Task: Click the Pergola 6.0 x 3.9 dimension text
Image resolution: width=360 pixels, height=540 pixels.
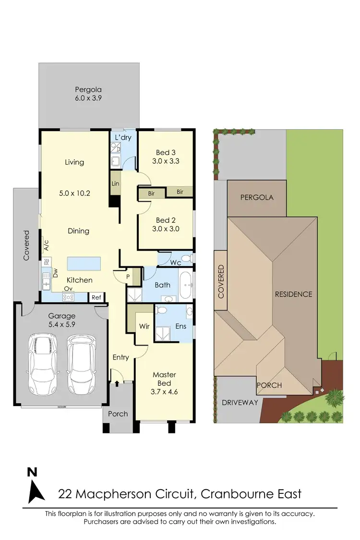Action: (88, 98)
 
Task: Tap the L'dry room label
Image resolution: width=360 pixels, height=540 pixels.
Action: (123, 137)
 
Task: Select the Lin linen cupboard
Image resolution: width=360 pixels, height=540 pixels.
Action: (115, 184)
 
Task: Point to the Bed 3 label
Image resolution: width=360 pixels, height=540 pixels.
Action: (166, 152)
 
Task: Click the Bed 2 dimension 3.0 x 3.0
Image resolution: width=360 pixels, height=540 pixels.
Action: (166, 229)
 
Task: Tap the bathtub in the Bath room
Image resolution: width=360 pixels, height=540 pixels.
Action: (186, 286)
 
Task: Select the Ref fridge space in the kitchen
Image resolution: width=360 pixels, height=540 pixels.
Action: (96, 298)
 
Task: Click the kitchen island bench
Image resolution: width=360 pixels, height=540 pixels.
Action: (84, 264)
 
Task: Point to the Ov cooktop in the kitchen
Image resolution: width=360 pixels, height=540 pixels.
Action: (68, 297)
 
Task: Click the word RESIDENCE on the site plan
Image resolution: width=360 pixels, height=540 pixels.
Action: (293, 294)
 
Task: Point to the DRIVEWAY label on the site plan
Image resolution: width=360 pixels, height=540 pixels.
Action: (240, 402)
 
